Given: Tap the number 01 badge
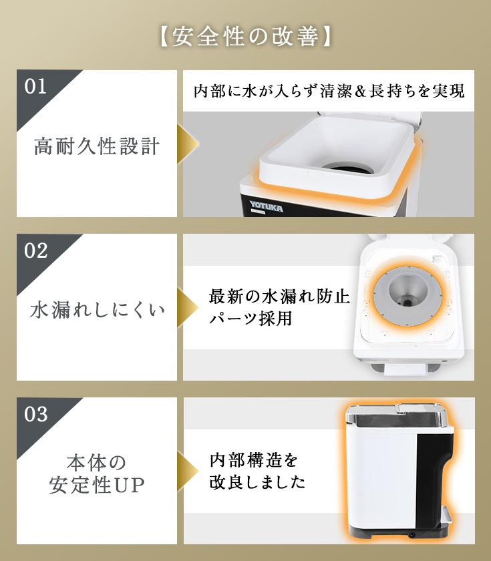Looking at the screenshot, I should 36,87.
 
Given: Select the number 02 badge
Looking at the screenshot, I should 36,250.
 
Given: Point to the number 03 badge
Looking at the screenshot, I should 36,414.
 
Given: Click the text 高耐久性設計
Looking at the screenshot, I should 97,146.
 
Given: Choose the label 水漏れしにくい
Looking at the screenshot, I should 97,311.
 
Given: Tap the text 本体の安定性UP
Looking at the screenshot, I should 97,474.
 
